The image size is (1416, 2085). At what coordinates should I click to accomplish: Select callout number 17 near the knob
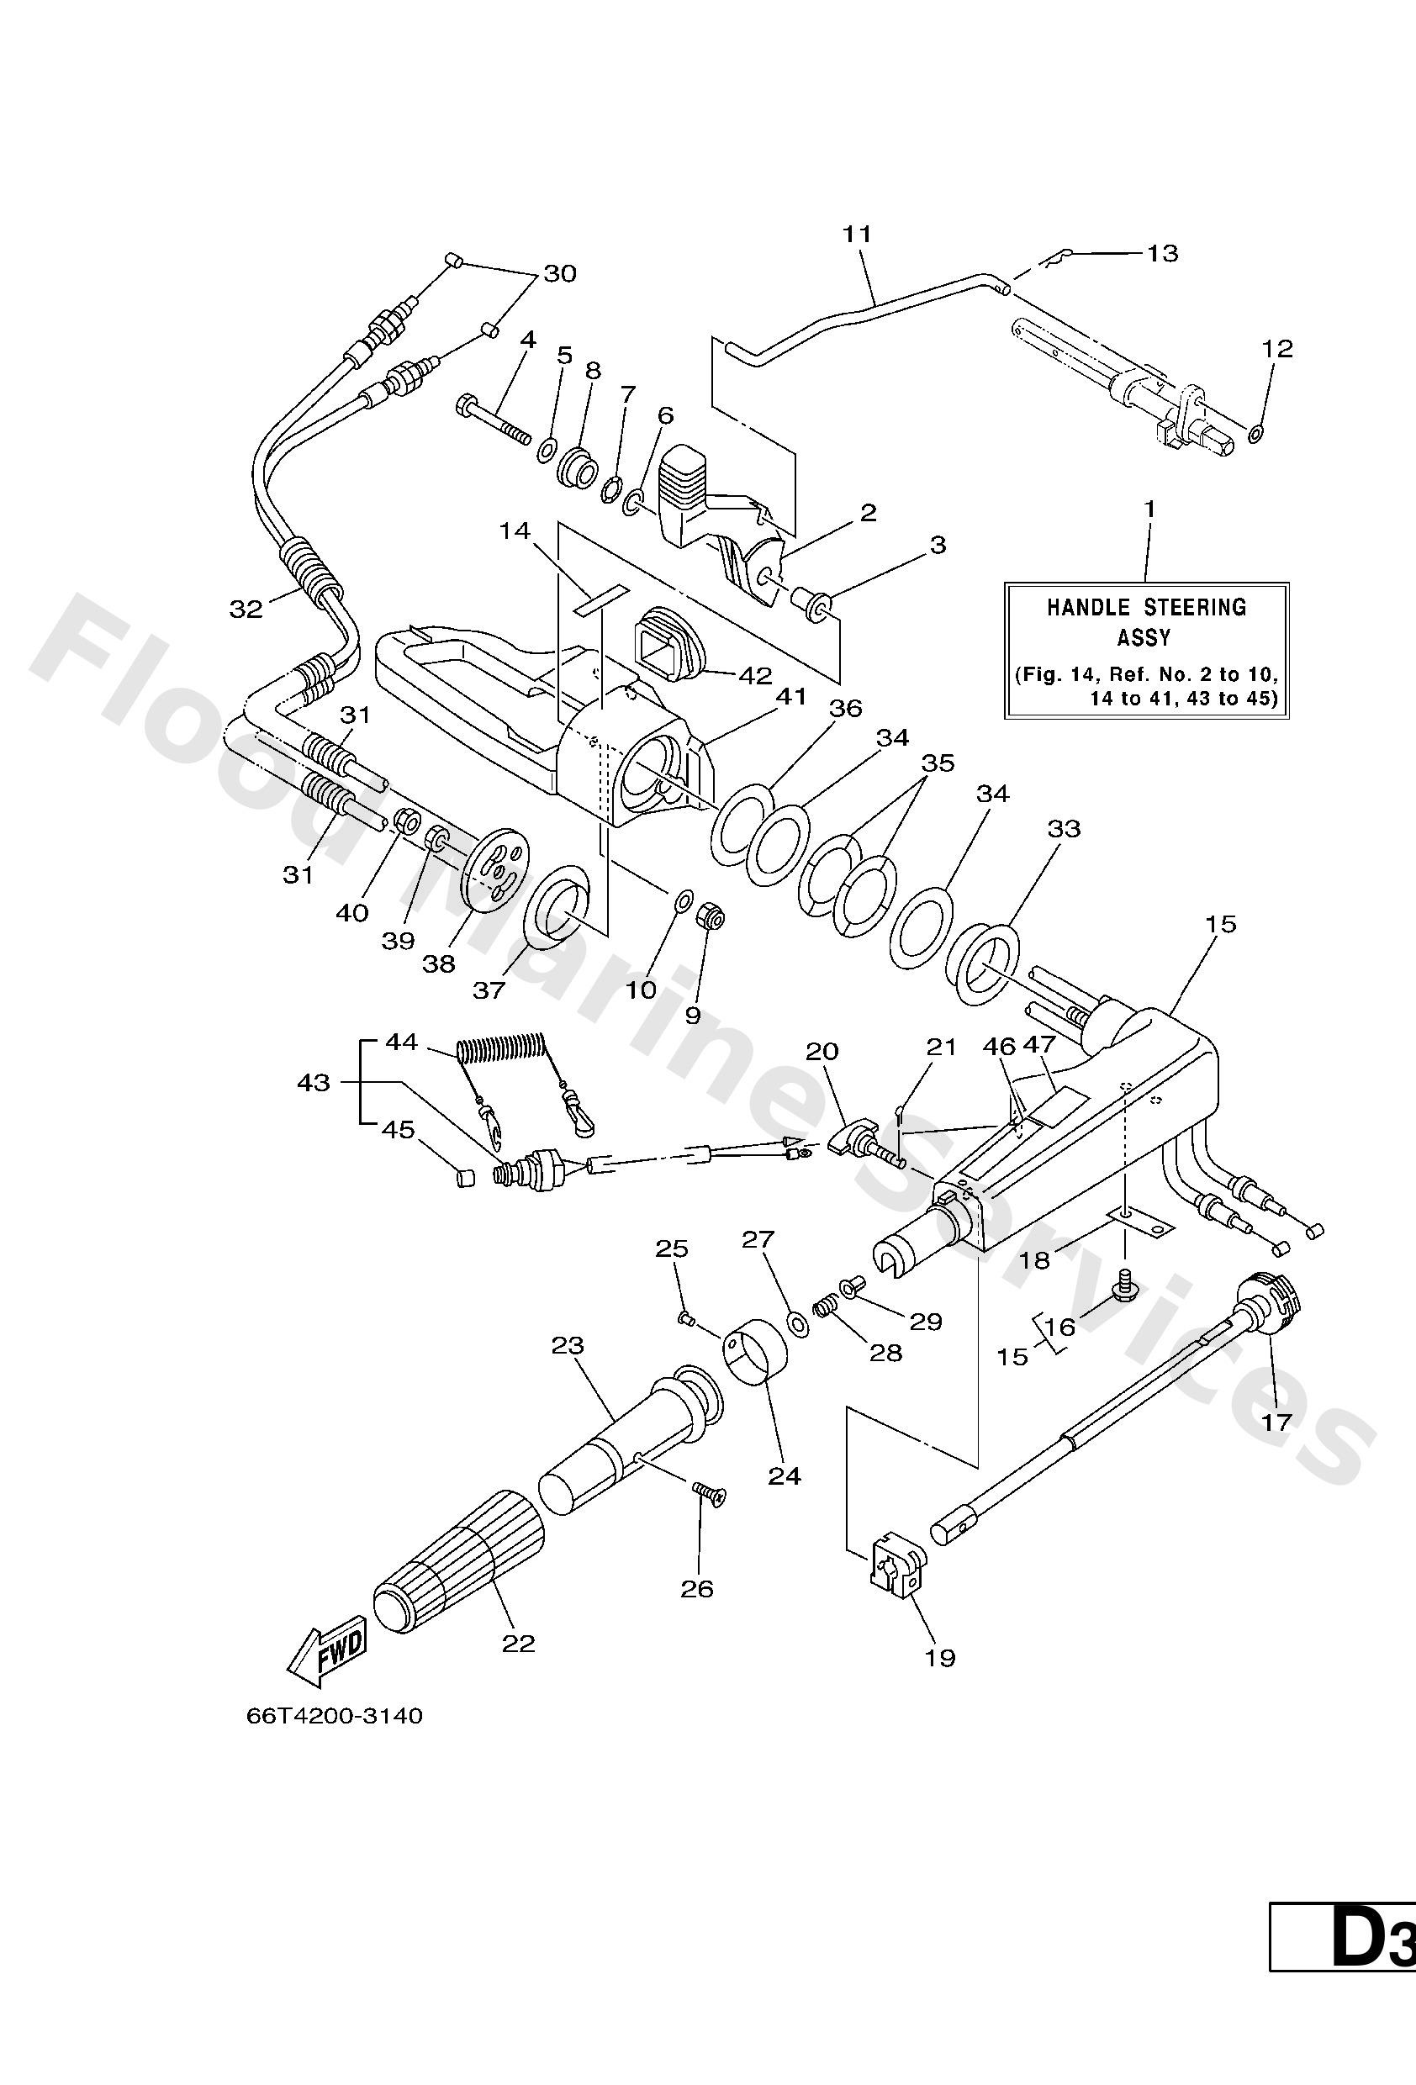(1276, 1421)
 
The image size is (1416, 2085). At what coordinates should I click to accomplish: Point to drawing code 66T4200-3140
(334, 1715)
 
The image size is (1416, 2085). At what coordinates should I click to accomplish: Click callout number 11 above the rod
(857, 235)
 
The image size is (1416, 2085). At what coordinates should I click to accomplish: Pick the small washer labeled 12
(1256, 434)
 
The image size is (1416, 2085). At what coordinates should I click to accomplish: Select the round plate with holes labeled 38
(496, 866)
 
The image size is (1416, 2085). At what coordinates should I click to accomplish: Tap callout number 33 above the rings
(1065, 828)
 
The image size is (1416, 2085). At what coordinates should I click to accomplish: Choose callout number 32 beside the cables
(245, 610)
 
